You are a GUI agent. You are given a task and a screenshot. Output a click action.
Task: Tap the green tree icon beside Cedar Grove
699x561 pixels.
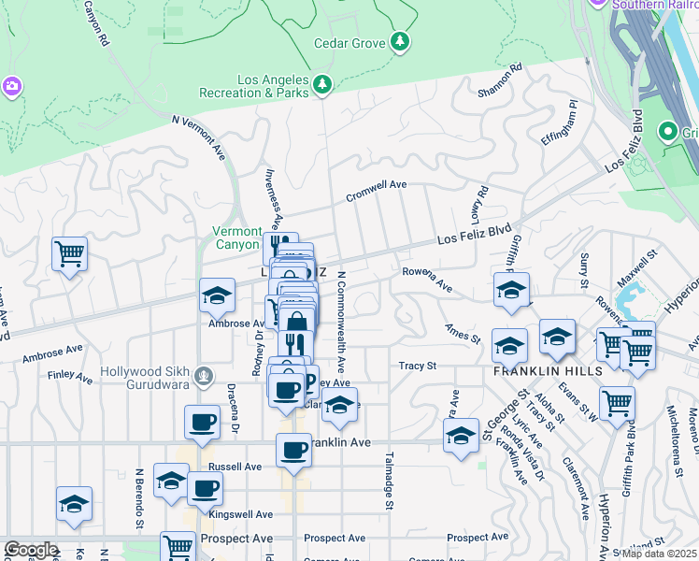[400, 41]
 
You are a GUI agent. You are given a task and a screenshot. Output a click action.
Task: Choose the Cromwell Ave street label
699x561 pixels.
[377, 191]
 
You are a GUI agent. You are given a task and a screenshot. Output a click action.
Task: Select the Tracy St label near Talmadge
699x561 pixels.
[418, 367]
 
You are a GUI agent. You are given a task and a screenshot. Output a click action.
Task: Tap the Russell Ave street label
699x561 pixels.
[235, 466]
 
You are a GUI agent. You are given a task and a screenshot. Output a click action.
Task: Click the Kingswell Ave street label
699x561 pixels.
[241, 514]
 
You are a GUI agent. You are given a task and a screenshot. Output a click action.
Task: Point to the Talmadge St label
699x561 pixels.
[388, 482]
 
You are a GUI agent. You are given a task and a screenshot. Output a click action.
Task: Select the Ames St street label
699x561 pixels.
[462, 333]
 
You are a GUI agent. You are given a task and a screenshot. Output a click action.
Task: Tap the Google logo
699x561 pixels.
[31, 550]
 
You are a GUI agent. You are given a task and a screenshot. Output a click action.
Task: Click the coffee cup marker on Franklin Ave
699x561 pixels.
[293, 452]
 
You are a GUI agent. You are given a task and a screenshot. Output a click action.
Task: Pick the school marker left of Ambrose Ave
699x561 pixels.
[217, 296]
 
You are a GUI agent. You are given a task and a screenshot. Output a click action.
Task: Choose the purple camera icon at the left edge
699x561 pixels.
[13, 86]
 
